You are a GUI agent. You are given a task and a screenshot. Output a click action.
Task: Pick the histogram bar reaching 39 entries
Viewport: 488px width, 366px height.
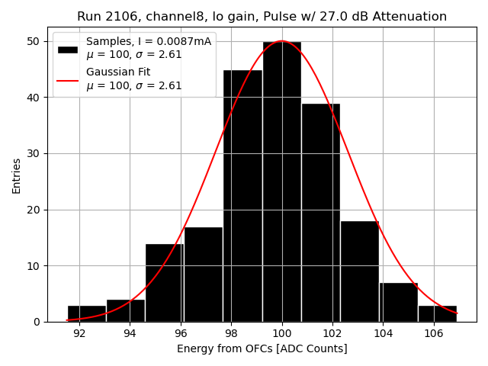321,213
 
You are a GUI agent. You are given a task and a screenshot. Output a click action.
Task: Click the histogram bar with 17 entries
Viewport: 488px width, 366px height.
204,274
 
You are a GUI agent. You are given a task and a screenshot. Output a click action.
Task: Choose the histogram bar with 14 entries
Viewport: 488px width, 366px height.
165,283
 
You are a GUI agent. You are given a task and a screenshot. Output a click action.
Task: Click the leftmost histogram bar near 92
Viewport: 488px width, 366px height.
86,313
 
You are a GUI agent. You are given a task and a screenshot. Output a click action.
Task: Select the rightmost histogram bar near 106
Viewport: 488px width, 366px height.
438,313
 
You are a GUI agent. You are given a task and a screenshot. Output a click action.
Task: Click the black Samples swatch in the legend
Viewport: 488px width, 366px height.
68,49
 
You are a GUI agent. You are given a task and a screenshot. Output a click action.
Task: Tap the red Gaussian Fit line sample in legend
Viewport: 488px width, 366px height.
68,79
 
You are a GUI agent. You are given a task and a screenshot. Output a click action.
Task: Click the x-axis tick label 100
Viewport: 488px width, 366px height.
282,333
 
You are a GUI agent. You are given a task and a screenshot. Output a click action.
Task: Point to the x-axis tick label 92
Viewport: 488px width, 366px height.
79,333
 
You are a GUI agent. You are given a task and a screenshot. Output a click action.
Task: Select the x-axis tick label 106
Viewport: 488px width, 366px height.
434,333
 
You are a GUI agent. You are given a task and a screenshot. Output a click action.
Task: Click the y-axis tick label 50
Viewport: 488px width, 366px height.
34,41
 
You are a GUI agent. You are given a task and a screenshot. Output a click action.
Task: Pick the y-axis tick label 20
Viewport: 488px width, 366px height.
34,210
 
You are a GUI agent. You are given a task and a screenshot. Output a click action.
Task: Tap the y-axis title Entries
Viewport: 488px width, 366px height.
17,175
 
